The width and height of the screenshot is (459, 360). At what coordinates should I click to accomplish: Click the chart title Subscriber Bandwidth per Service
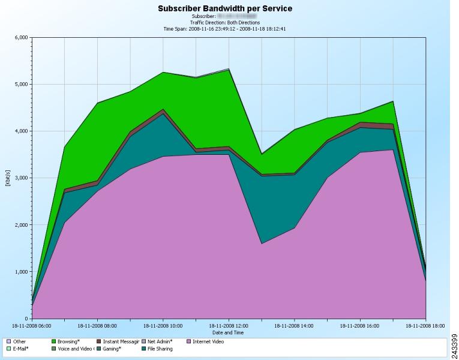click(224, 9)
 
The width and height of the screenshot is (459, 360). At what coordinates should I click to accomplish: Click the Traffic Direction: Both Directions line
click(224, 23)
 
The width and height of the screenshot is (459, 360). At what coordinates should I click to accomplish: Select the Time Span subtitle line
click(224, 28)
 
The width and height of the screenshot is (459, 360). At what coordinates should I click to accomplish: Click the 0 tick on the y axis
click(26, 319)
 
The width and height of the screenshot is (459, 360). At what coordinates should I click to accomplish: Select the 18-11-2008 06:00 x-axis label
click(31, 326)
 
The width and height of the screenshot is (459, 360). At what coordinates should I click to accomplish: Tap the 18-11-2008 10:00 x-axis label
click(163, 326)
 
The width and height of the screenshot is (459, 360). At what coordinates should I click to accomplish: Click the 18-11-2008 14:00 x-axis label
click(294, 326)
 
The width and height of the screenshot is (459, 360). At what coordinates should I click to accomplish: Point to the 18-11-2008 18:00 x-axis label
click(425, 326)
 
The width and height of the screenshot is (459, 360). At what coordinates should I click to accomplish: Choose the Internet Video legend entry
click(208, 341)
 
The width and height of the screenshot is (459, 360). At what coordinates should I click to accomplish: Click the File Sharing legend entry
click(163, 349)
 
